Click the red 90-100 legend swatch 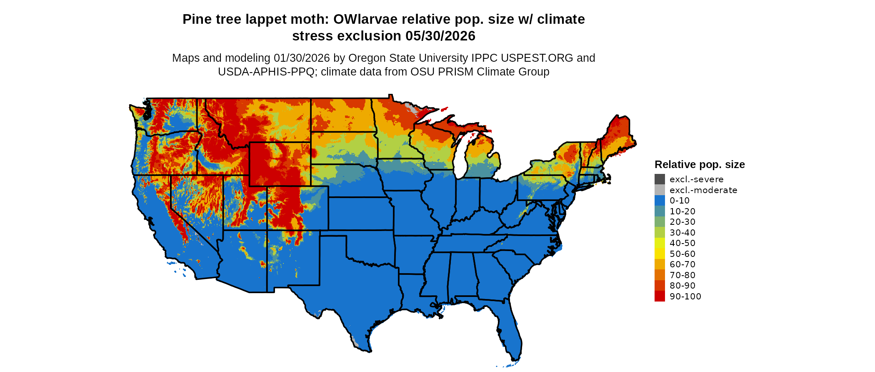coord(660,296)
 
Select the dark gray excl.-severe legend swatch coord(660,179)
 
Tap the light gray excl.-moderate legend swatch coord(660,190)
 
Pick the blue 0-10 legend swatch coord(660,201)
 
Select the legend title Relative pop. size coord(700,164)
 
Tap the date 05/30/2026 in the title coord(440,36)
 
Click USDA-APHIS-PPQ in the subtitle coord(266,72)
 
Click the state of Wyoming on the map coord(280,164)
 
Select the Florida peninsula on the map coord(510,334)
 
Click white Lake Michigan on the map coord(460,161)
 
